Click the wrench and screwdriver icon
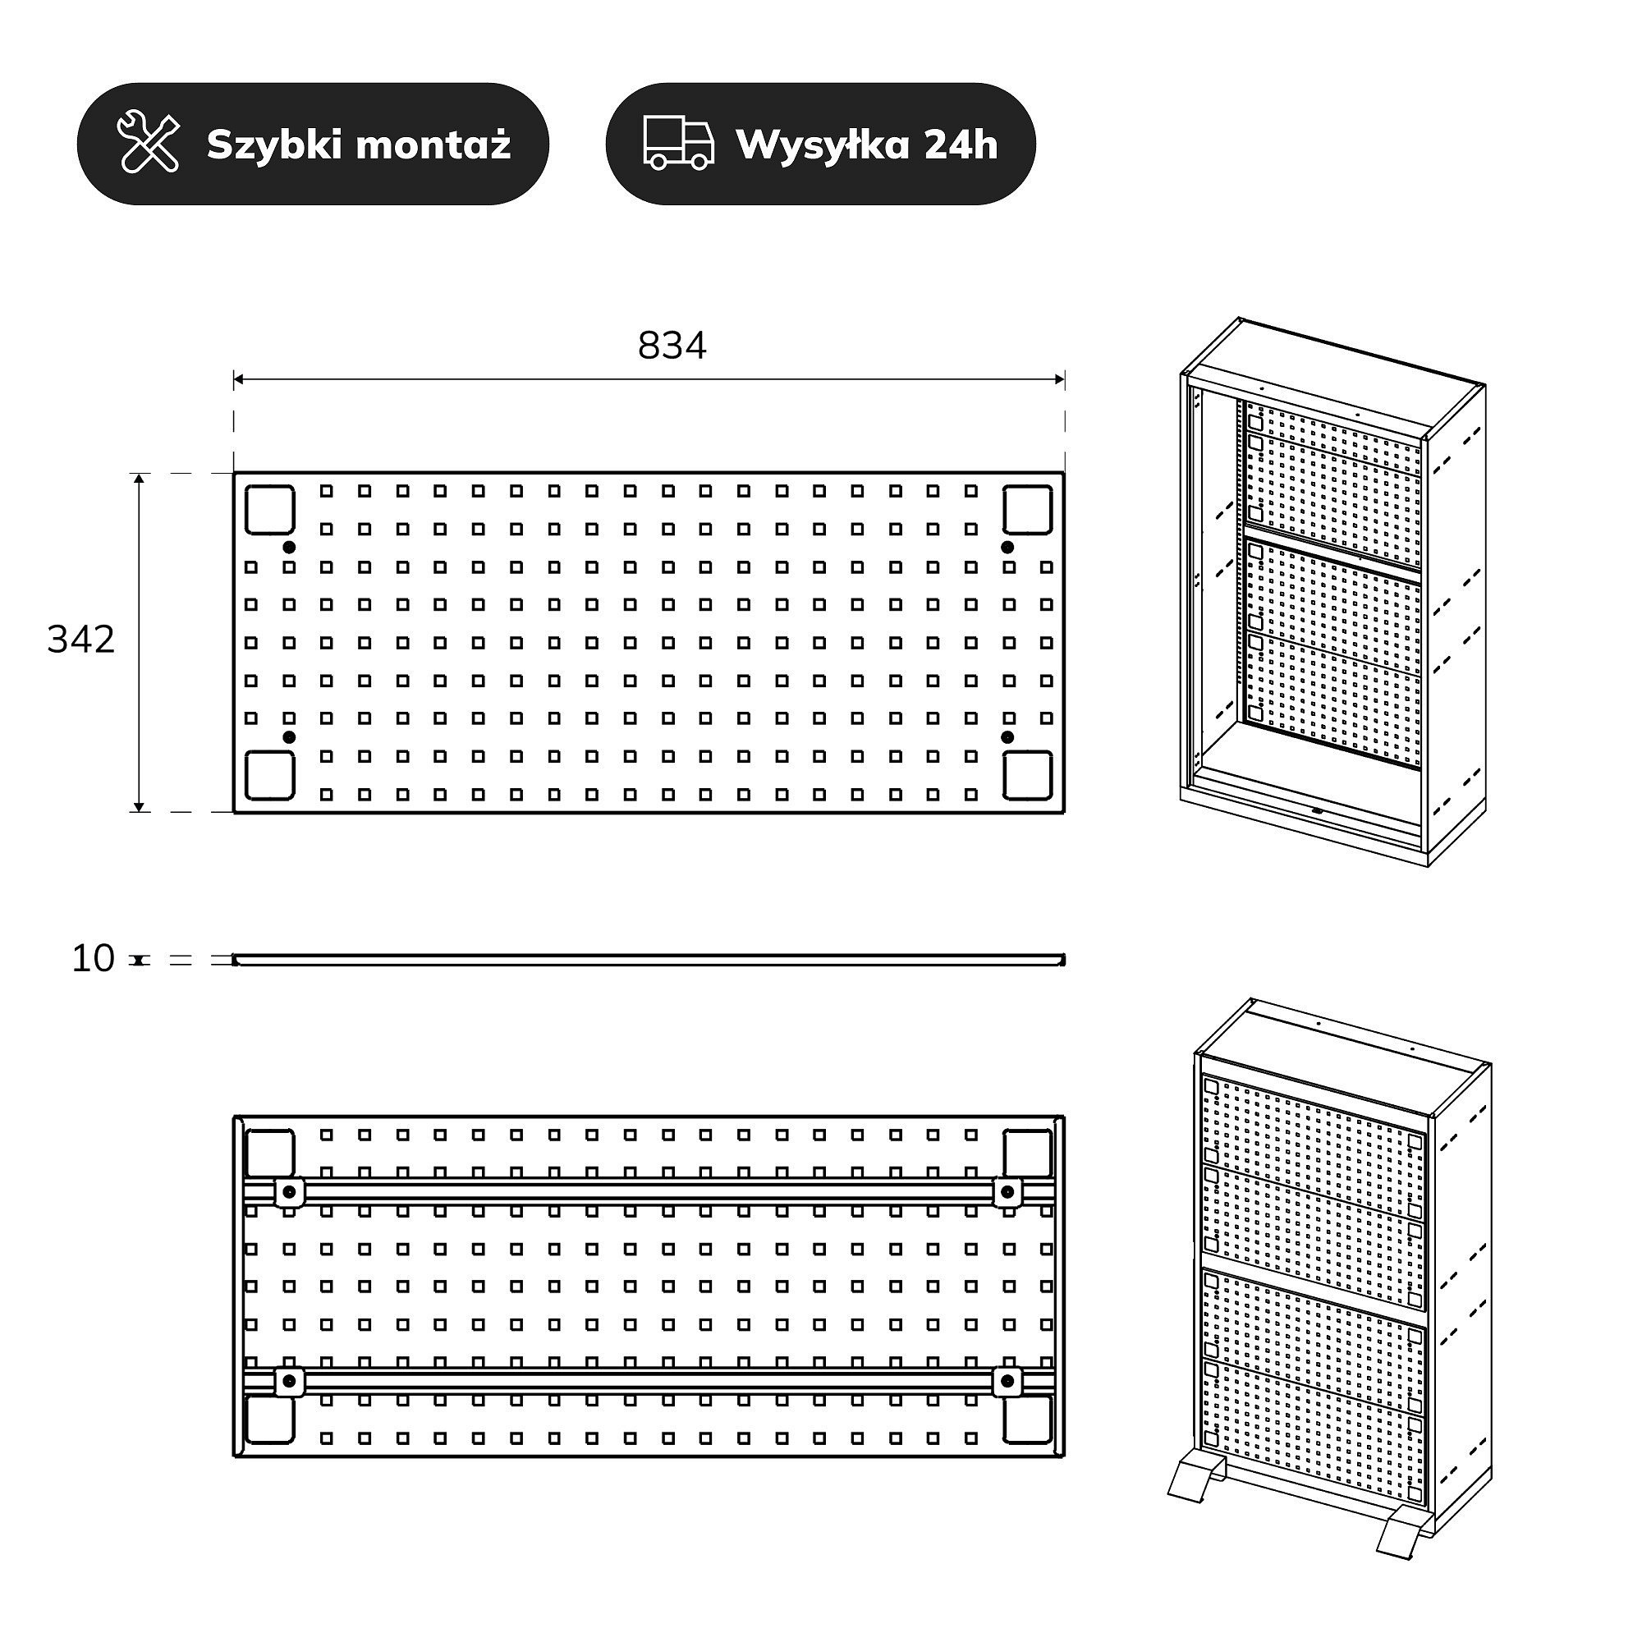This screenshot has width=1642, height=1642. pyautogui.click(x=148, y=143)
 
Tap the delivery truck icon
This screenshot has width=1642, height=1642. pyautogui.click(x=678, y=143)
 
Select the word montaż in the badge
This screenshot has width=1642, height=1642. pyautogui.click(x=434, y=144)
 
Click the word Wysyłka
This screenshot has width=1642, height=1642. pyautogui.click(x=823, y=145)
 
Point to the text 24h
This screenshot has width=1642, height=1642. pyautogui.click(x=960, y=144)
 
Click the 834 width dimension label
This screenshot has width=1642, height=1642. pyautogui.click(x=672, y=346)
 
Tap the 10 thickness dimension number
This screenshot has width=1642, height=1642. pyautogui.click(x=93, y=959)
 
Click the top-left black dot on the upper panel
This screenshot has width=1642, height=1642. pyautogui.click(x=289, y=547)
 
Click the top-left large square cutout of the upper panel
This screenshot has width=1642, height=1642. pyautogui.click(x=270, y=510)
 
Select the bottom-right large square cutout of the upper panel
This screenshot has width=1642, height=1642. pyautogui.click(x=1028, y=775)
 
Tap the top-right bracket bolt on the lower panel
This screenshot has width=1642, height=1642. pyautogui.click(x=1007, y=1191)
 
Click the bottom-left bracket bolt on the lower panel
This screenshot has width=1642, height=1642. pyautogui.click(x=289, y=1380)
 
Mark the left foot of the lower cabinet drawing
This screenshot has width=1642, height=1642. pyautogui.click(x=1195, y=1479)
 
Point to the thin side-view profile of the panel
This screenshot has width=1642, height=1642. pyautogui.click(x=649, y=960)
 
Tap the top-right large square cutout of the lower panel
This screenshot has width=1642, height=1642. pyautogui.click(x=1028, y=1154)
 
